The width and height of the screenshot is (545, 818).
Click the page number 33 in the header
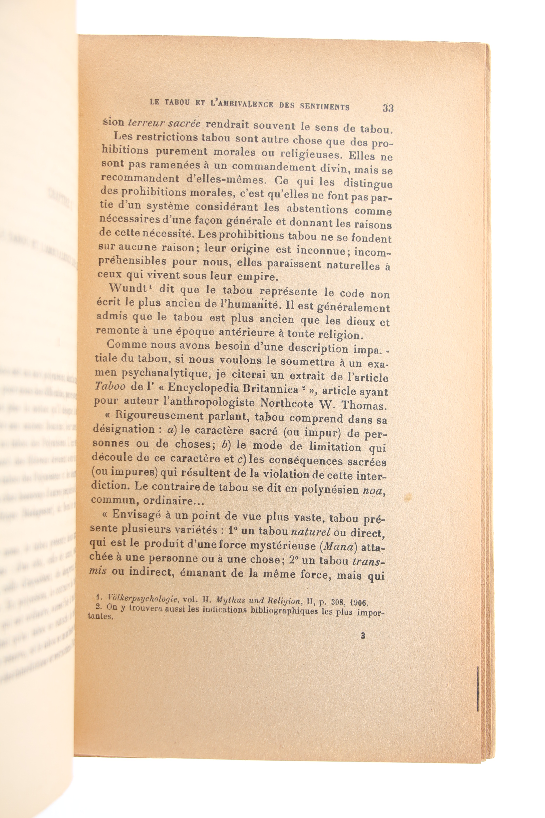point(388,108)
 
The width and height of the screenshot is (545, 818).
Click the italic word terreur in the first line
point(143,123)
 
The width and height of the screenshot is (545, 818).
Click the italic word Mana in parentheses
point(336,546)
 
